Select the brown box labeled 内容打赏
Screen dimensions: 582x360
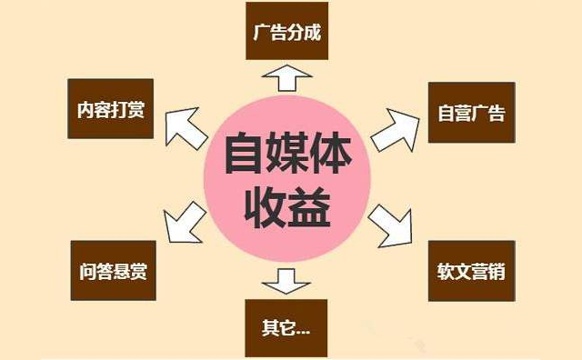click(x=106, y=111)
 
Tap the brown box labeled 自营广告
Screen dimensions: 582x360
click(x=470, y=114)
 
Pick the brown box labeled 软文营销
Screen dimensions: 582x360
click(x=470, y=270)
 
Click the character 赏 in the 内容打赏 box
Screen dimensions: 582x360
click(x=136, y=111)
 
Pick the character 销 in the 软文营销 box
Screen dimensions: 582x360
click(x=497, y=271)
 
